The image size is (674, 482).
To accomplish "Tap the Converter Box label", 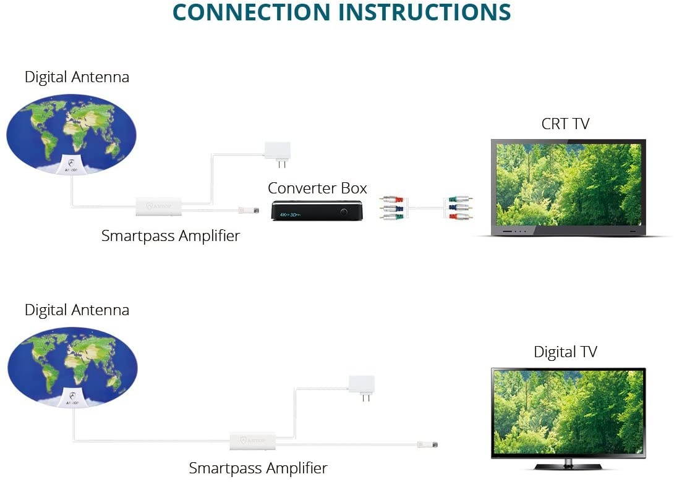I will point(317,188).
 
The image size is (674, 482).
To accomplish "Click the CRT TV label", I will point(565,124).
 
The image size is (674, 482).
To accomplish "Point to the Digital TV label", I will point(565,352).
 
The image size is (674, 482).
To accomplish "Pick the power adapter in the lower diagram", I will point(361,386).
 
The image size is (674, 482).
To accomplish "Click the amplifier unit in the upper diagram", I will point(158,206).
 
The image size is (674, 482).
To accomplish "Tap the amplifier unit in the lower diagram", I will point(252,441).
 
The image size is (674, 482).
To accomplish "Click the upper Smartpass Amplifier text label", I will point(170,235).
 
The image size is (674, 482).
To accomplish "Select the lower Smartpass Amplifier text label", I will point(258,468).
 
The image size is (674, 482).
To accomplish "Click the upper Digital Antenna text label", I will point(77,77).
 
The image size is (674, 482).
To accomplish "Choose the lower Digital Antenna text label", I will point(77,310).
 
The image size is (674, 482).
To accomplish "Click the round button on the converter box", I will point(344,212).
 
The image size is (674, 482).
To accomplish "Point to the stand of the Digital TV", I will point(568,465).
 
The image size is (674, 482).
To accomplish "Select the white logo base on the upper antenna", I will point(72,166).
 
